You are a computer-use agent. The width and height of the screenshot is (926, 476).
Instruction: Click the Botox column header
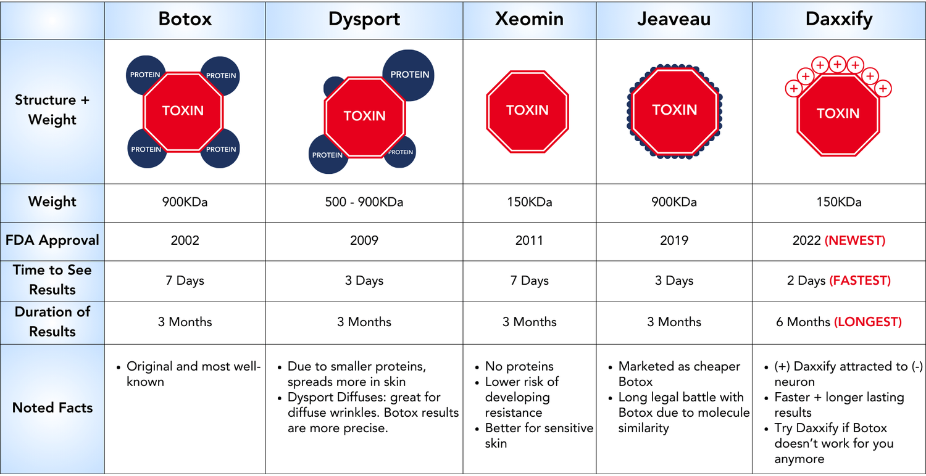pyautogui.click(x=185, y=19)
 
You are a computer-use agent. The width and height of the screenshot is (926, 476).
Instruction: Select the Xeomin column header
pyautogui.click(x=529, y=19)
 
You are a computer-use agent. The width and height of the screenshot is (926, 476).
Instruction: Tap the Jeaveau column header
pyautogui.click(x=674, y=19)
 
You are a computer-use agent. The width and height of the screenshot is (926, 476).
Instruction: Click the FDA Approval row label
pyautogui.click(x=52, y=240)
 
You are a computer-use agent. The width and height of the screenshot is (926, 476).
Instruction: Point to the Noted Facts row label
pyautogui.click(x=52, y=408)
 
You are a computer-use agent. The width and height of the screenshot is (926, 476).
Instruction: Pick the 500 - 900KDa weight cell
pyautogui.click(x=364, y=202)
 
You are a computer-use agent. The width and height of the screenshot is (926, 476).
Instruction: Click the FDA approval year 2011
pyautogui.click(x=529, y=240)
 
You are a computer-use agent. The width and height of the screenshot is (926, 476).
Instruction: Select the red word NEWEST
pyautogui.click(x=855, y=240)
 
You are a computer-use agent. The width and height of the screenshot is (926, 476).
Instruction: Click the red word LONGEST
pyautogui.click(x=868, y=322)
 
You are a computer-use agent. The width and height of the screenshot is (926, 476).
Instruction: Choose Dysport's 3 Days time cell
pyautogui.click(x=364, y=281)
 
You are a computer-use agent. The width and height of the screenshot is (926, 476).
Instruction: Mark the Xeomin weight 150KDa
pyautogui.click(x=529, y=202)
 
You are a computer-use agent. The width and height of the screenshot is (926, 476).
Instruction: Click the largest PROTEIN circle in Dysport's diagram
pyautogui.click(x=409, y=75)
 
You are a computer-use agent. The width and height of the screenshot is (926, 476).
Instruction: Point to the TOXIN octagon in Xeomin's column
pyautogui.click(x=527, y=112)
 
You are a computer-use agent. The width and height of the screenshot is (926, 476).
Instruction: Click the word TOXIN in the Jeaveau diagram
pyautogui.click(x=674, y=110)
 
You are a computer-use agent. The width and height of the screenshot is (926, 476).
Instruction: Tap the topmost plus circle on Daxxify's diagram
pyautogui.click(x=838, y=64)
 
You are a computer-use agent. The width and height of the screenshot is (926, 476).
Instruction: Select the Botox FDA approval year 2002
pyautogui.click(x=185, y=240)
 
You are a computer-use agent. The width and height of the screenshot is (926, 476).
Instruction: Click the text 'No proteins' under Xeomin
pyautogui.click(x=519, y=367)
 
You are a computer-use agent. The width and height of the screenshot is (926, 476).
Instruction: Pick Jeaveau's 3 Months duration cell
pyautogui.click(x=674, y=322)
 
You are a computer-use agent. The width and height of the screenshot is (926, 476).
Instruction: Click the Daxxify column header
pyautogui.click(x=839, y=20)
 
